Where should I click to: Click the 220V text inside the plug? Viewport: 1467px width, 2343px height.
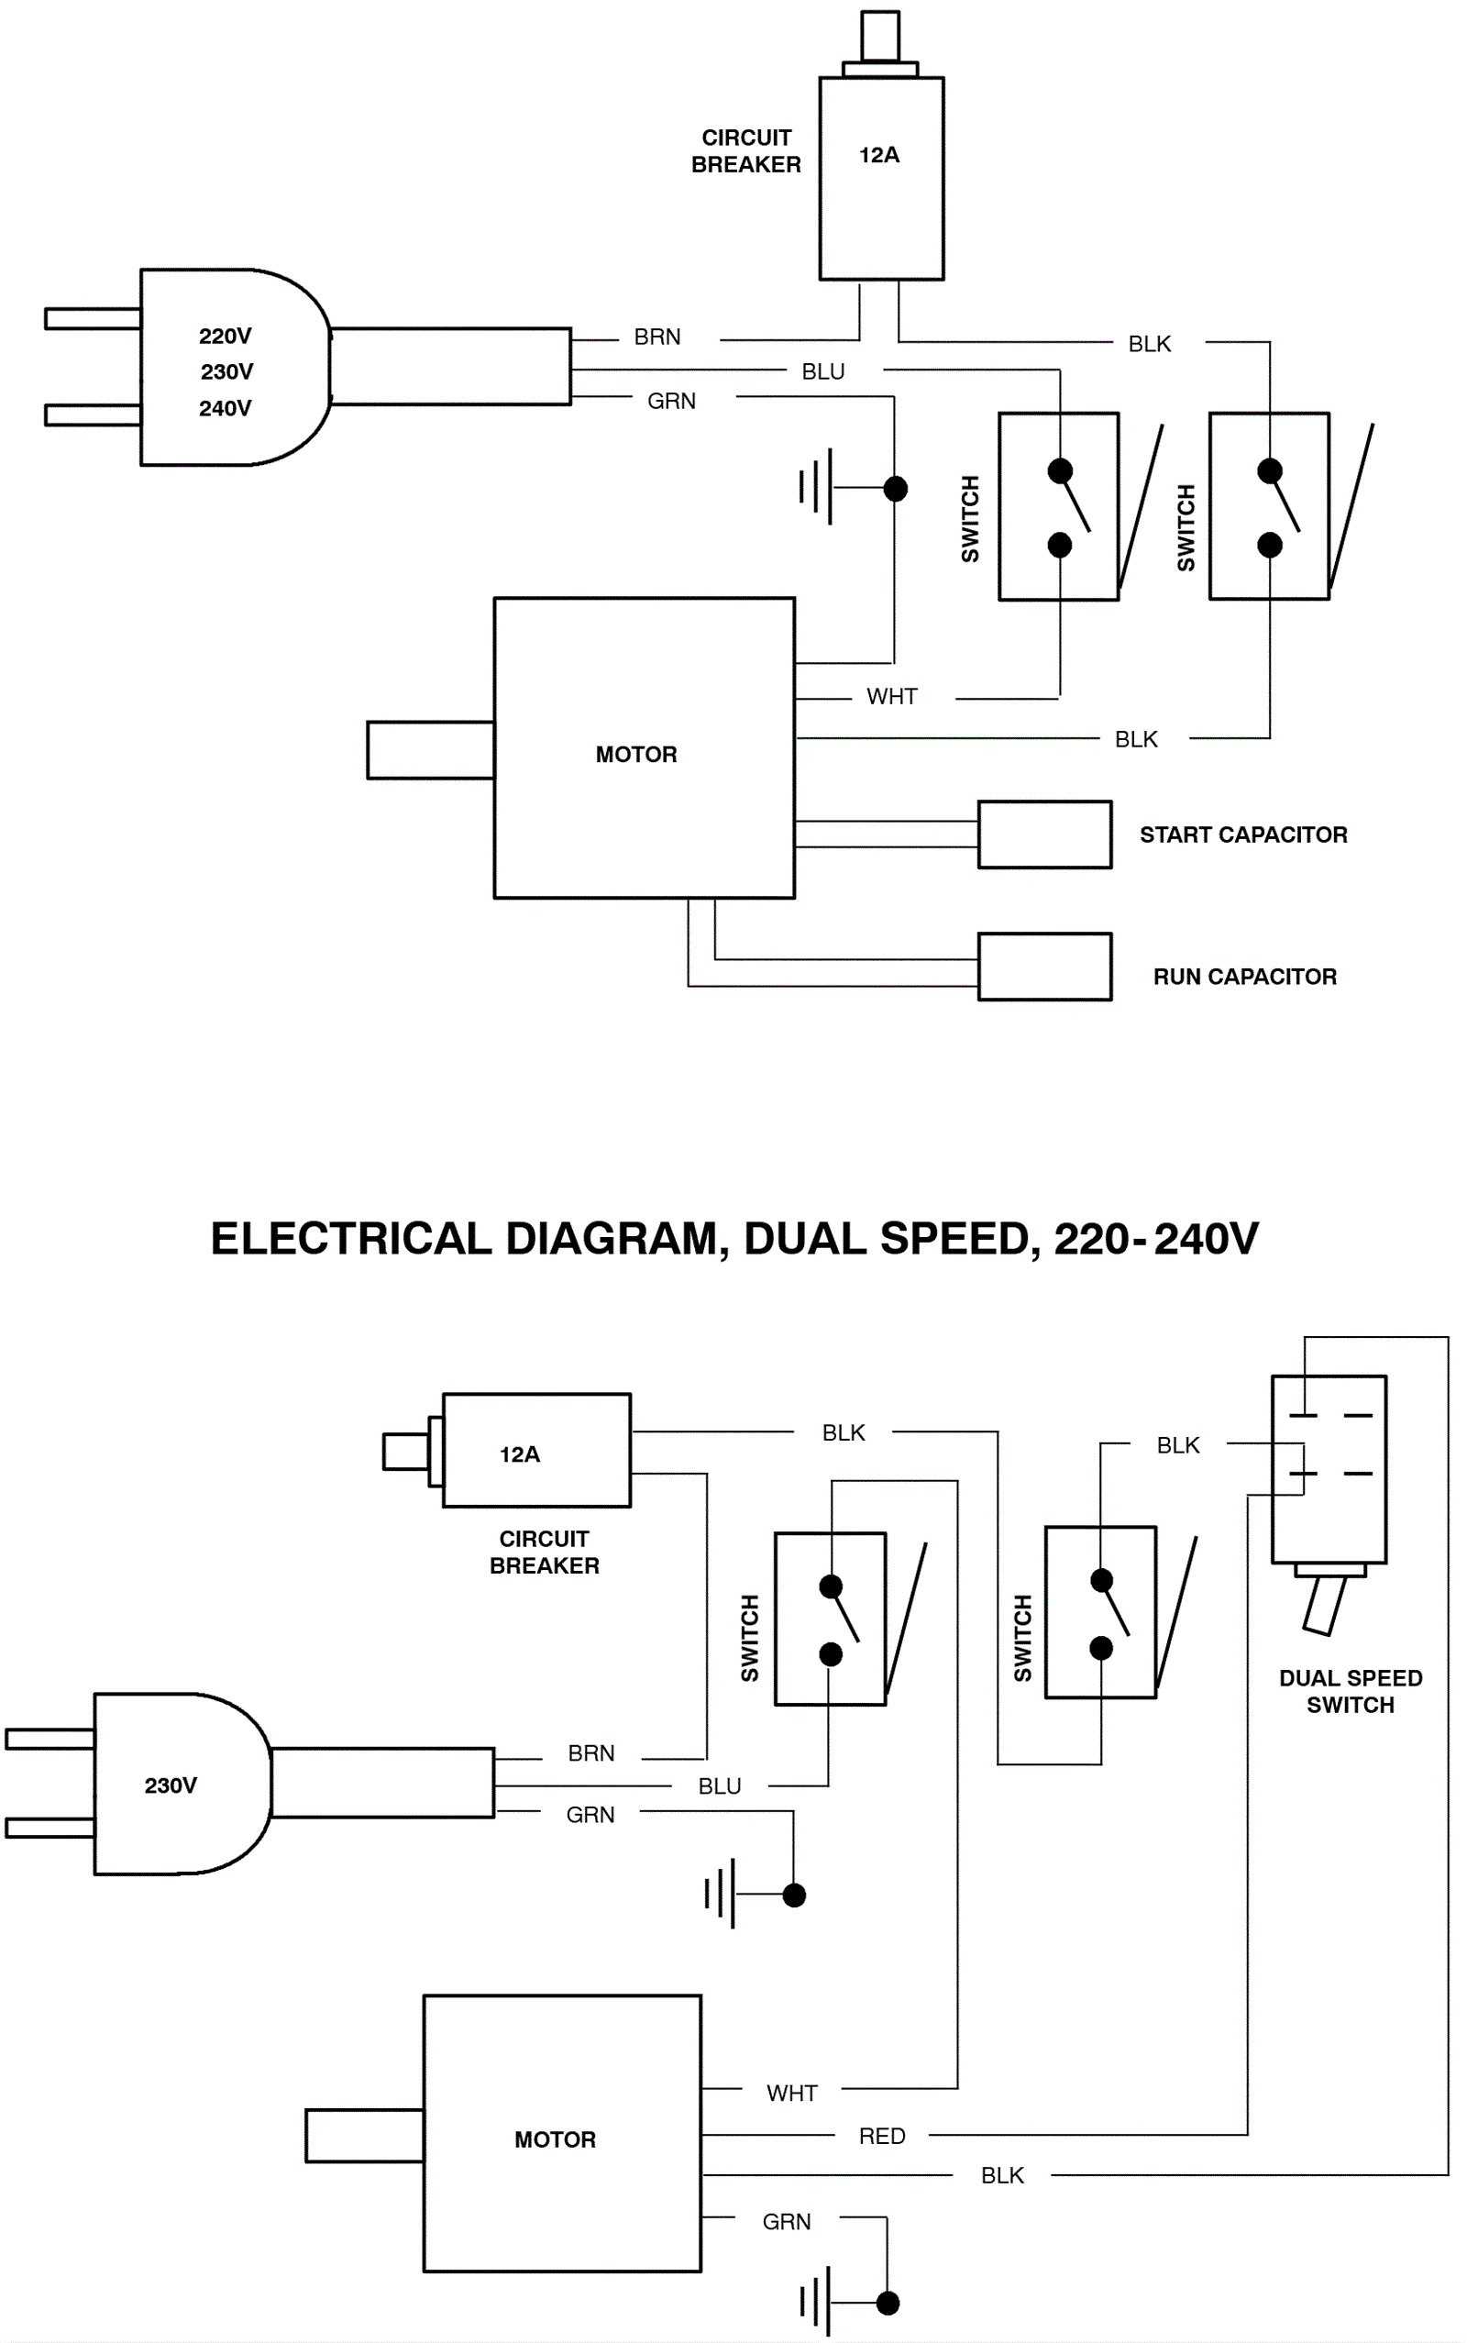pyautogui.click(x=226, y=336)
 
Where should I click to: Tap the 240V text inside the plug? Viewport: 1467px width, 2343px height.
pyautogui.click(x=226, y=408)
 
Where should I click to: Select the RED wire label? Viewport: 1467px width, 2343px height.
pyautogui.click(x=882, y=2136)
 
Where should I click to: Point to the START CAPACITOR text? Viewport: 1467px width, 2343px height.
pyautogui.click(x=1243, y=834)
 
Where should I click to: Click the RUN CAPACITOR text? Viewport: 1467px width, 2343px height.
pyautogui.click(x=1245, y=976)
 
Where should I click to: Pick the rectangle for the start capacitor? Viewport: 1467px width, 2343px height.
pyautogui.click(x=1044, y=834)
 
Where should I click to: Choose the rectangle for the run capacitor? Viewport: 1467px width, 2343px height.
pyautogui.click(x=1044, y=967)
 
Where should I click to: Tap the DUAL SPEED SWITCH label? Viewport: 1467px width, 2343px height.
pyautogui.click(x=1351, y=1691)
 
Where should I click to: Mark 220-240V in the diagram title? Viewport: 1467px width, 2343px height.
pyautogui.click(x=1155, y=1239)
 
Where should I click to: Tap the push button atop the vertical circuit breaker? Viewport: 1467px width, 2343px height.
pyautogui.click(x=880, y=37)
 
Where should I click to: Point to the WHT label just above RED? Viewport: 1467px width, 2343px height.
pyautogui.click(x=791, y=2093)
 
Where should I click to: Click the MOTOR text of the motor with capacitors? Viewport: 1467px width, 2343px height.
pyautogui.click(x=636, y=754)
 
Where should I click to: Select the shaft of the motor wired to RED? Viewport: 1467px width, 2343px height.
pyautogui.click(x=364, y=2136)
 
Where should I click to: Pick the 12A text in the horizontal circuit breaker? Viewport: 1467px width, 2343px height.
pyautogui.click(x=519, y=1454)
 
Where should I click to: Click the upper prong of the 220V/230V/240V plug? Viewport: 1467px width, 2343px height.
pyautogui.click(x=93, y=318)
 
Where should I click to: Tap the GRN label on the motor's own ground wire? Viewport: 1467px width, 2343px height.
pyautogui.click(x=786, y=2221)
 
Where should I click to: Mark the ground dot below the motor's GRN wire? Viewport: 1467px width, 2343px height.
pyautogui.click(x=887, y=2303)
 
